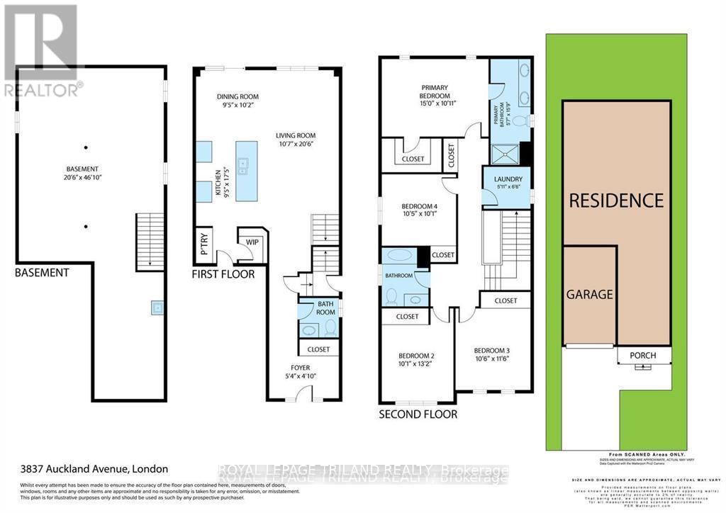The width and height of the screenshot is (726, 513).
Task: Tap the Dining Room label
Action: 238,96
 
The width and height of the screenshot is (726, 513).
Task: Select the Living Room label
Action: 296,135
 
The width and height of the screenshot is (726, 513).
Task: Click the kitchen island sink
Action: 243,167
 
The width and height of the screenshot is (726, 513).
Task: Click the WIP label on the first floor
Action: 252,242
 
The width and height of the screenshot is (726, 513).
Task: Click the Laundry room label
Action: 508,179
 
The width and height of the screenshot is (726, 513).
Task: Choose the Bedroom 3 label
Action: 492,351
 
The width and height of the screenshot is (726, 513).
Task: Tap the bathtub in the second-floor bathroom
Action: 399,256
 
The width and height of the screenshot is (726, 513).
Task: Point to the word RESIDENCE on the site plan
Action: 616,200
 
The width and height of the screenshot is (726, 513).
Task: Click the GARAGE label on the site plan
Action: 589,294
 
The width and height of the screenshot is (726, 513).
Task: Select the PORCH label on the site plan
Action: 642,355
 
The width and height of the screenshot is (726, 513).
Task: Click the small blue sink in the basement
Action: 155,308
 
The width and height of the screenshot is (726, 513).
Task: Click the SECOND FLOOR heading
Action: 418,415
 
